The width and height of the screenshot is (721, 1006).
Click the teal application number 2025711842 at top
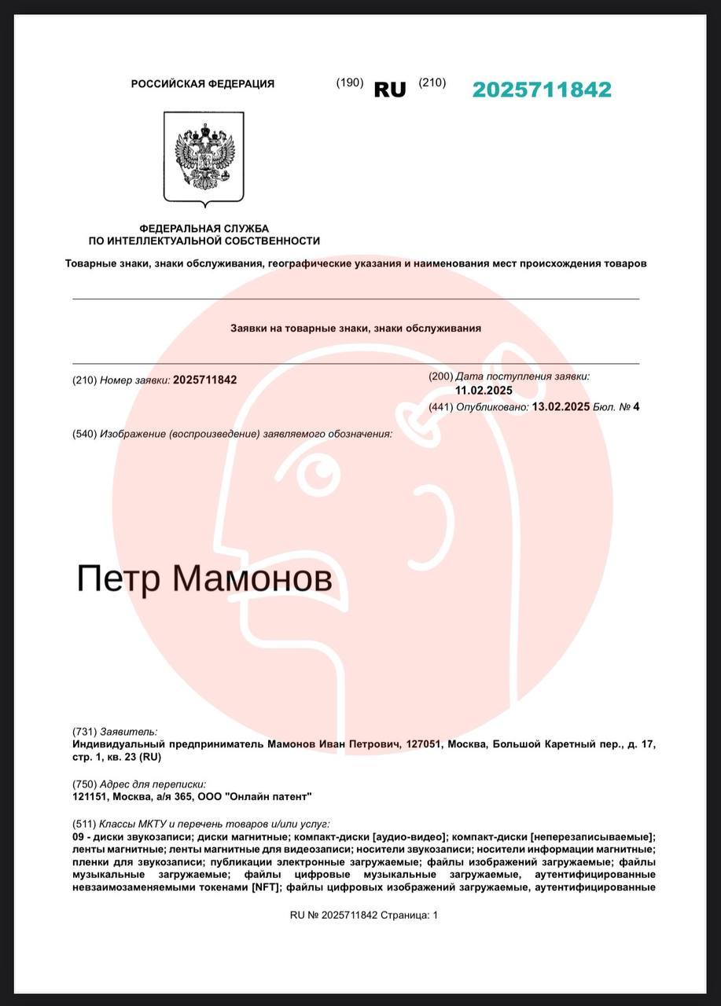[541, 90]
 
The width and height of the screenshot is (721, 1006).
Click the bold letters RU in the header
[390, 90]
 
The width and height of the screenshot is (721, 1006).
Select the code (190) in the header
[350, 83]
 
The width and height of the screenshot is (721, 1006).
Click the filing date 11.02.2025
[484, 390]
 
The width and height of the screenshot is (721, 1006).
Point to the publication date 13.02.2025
[561, 406]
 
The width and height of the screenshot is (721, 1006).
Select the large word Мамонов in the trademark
[252, 579]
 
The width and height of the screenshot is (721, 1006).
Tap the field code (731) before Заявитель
[84, 731]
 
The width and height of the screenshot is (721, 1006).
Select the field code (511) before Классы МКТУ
[84, 823]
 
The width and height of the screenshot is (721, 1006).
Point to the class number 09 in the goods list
[78, 837]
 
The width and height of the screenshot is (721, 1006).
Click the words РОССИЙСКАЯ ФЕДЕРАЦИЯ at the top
[203, 84]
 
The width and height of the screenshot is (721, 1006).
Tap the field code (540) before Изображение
[84, 434]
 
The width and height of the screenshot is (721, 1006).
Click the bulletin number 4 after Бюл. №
[636, 406]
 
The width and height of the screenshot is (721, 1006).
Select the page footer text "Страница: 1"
[409, 915]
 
